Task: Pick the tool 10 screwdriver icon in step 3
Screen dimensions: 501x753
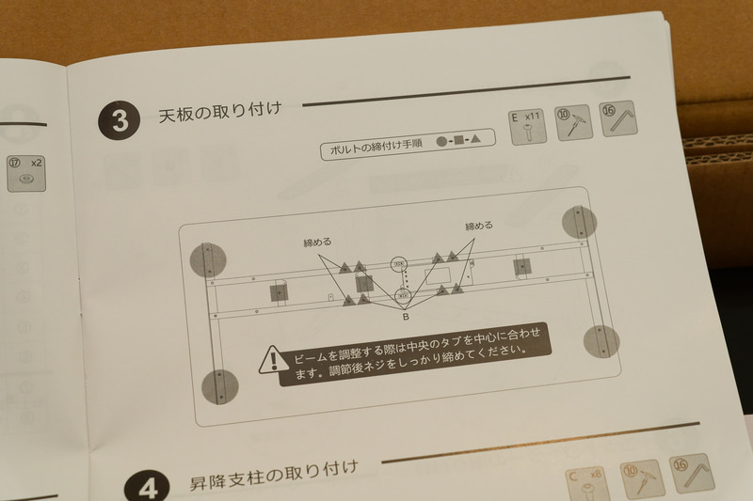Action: tap(573, 123)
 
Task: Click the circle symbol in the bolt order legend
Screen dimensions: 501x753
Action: tap(441, 141)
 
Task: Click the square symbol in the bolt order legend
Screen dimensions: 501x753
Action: tap(459, 140)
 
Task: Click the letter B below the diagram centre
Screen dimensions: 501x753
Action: tap(405, 318)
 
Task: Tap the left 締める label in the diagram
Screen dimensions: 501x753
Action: tap(317, 242)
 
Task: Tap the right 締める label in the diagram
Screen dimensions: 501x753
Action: tap(479, 227)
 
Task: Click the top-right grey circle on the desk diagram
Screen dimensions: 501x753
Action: tap(579, 221)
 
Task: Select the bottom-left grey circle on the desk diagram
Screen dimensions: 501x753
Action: tap(220, 384)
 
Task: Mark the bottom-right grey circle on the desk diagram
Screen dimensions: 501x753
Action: tap(601, 340)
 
